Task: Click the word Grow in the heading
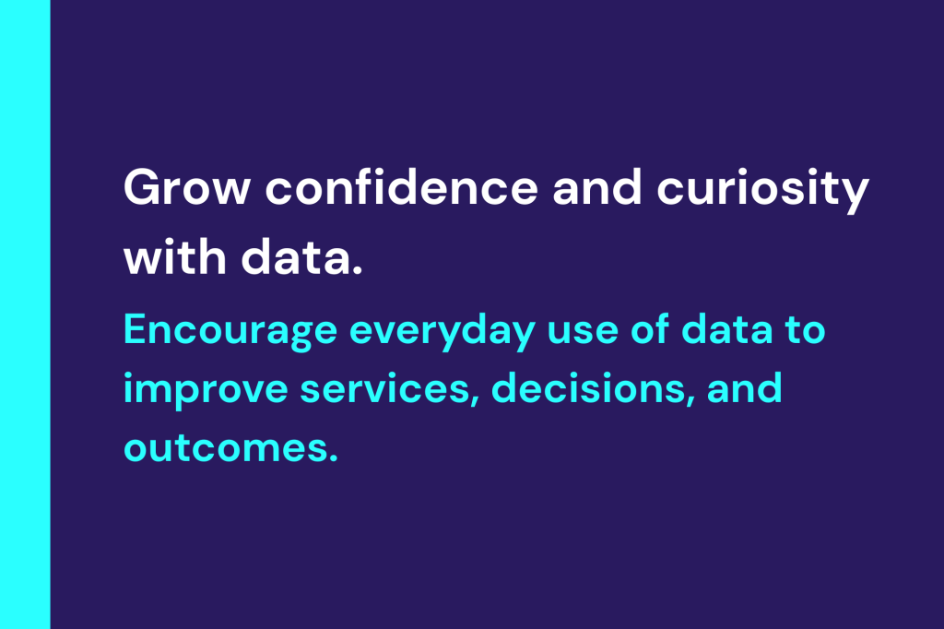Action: pos(186,187)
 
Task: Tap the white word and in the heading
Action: pos(597,187)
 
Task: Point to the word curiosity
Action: pos(762,190)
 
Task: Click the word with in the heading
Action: pos(174,256)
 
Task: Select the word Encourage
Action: pos(230,330)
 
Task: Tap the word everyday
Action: pos(442,330)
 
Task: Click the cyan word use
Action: pos(583,332)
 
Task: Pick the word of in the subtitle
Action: pos(650,329)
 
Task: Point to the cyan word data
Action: pos(726,329)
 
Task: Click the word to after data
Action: pos(805,330)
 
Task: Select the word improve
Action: pos(206,390)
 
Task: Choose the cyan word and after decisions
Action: pos(744,388)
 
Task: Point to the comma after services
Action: pos(475,402)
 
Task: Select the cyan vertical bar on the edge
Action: pos(25,314)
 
